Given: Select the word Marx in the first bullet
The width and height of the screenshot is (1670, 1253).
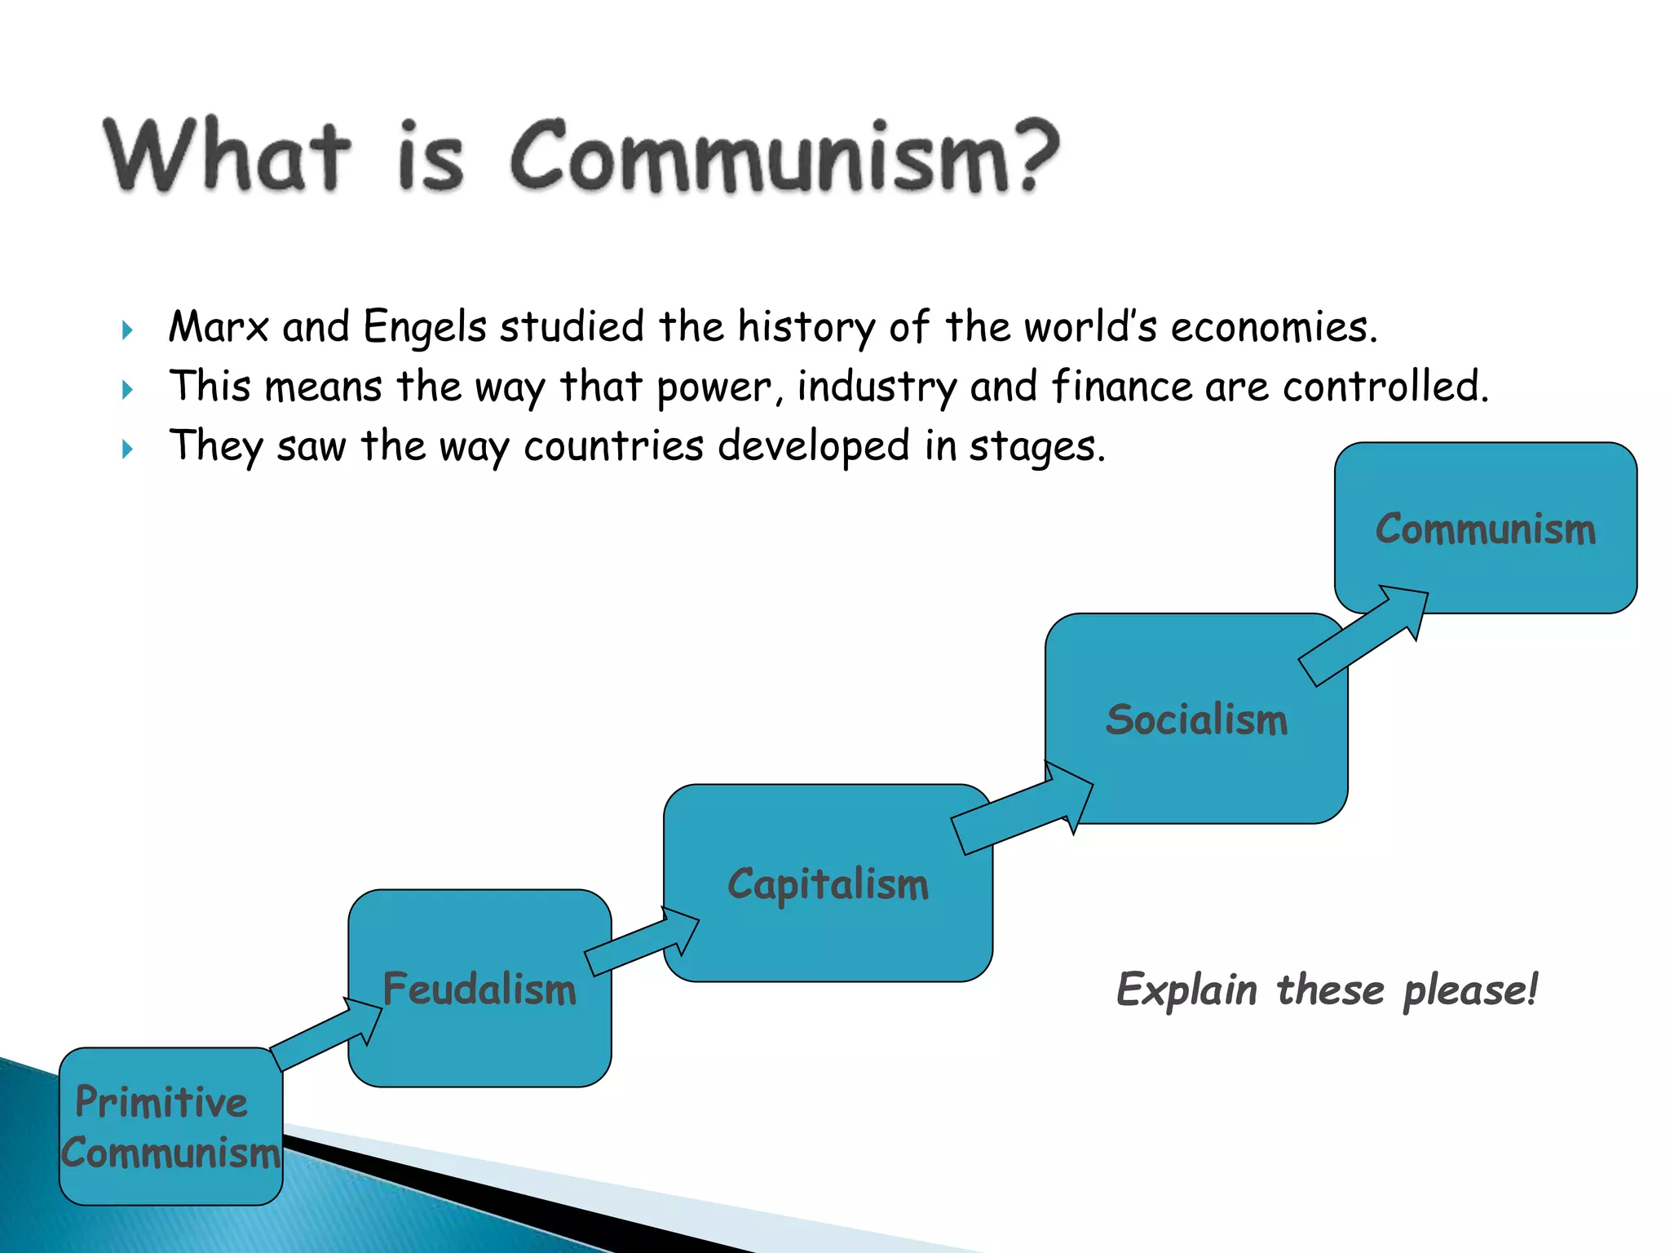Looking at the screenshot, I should tap(218, 327).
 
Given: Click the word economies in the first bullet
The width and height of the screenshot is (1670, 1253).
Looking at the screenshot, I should tap(1272, 327).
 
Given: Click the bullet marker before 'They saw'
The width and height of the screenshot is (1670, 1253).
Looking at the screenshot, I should tap(127, 449).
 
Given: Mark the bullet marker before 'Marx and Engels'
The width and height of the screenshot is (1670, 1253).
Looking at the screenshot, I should tap(127, 330).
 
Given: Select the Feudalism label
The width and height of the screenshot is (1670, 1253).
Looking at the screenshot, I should tap(479, 990).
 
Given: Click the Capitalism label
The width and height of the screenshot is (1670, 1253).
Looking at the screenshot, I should tap(828, 885).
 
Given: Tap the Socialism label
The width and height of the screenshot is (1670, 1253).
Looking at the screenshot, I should tap(1196, 720).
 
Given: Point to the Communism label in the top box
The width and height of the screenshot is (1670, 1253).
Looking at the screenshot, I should tap(1485, 529).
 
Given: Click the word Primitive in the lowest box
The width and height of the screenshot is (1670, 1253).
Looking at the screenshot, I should tap(161, 1102).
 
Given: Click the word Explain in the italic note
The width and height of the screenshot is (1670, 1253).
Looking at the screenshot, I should tap(1186, 990).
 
